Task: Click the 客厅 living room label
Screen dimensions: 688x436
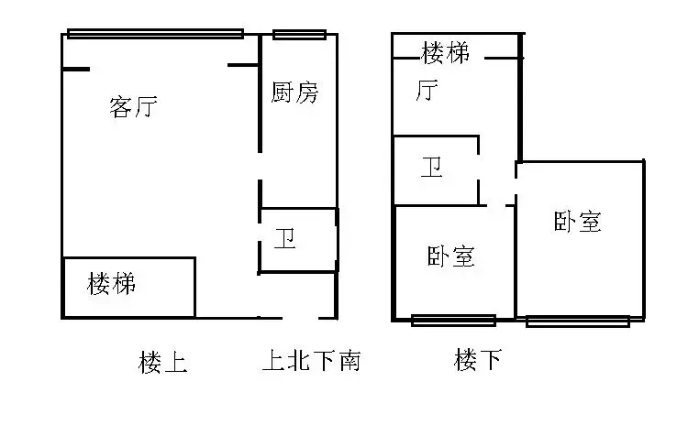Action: point(133,107)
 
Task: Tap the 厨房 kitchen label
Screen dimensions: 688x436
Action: point(294,92)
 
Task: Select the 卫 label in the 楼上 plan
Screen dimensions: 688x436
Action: point(284,238)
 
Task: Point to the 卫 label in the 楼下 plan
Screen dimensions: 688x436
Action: point(432,167)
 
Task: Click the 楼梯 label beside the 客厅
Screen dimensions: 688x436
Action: point(111,284)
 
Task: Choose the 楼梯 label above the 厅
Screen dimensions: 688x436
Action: point(445,52)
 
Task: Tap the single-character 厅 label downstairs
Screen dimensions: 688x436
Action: point(427,91)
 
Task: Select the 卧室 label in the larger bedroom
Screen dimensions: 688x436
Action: point(577,222)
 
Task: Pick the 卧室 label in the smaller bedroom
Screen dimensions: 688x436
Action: point(451,256)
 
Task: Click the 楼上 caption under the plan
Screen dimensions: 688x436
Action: point(162,363)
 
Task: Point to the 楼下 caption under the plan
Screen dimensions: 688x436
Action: point(478,360)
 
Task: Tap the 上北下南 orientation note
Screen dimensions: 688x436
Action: point(312,361)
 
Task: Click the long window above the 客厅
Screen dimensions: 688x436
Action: point(155,34)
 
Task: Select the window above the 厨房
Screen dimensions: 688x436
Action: point(299,34)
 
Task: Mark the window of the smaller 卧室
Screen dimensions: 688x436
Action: point(454,321)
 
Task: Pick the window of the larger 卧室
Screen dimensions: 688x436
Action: point(578,322)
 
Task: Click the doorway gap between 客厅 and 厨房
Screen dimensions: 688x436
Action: point(260,166)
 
